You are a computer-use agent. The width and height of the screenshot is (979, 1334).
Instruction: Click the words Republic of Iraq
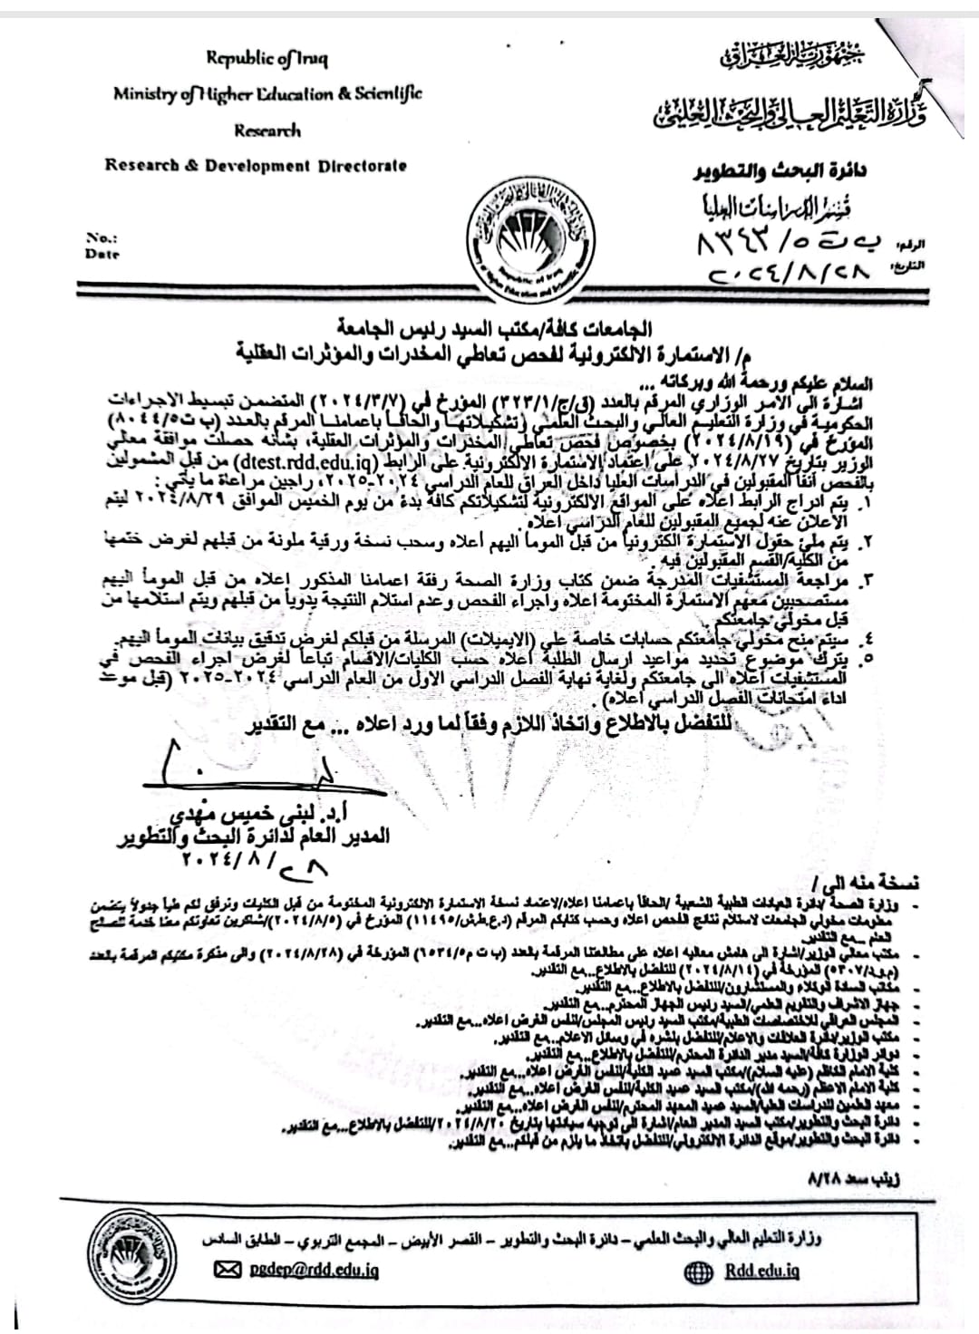click(x=267, y=59)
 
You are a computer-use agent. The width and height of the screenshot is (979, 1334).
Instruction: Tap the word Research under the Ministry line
click(x=267, y=130)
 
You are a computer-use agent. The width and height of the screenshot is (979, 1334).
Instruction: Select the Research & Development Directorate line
click(x=256, y=166)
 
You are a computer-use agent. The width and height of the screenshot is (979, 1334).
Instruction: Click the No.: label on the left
click(x=102, y=237)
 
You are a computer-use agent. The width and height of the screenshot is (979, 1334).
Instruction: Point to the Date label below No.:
click(x=102, y=255)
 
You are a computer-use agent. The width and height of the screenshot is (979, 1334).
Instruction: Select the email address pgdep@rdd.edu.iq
click(x=315, y=1271)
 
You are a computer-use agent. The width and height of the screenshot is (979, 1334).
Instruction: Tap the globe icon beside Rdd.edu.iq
click(x=699, y=1271)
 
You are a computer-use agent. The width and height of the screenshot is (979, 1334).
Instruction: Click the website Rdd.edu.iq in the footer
click(x=761, y=1271)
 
